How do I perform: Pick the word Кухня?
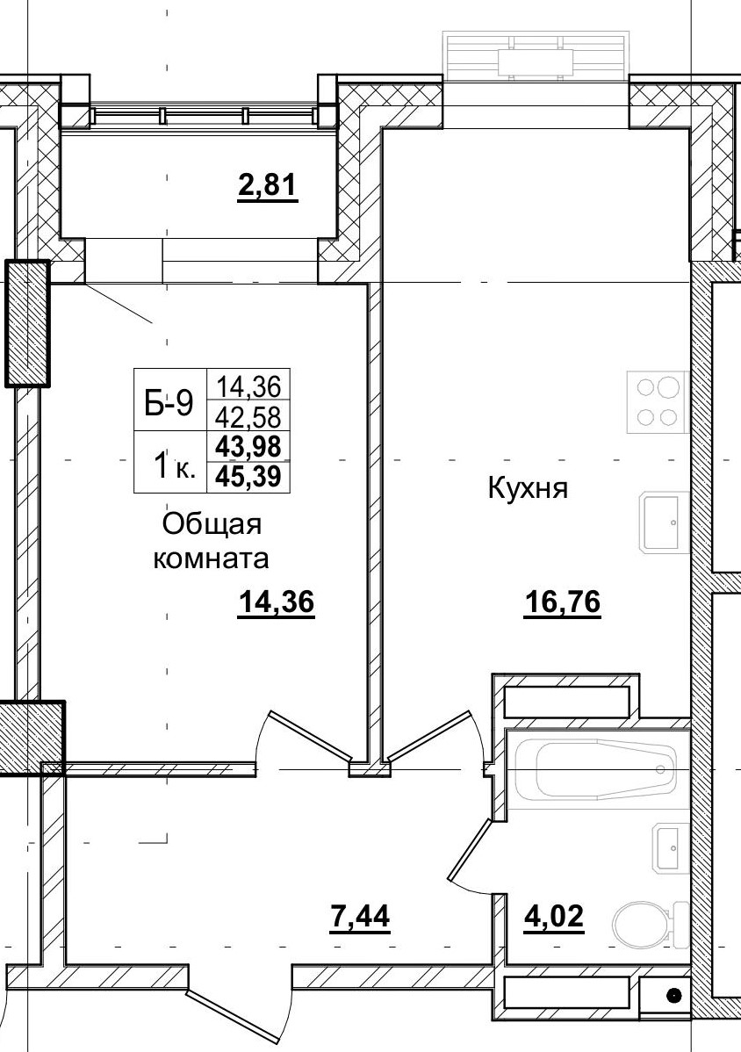pyautogui.click(x=529, y=489)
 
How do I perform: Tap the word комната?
pyautogui.click(x=211, y=558)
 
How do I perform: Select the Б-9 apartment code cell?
pyautogui.click(x=169, y=402)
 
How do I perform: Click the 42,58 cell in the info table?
pyautogui.click(x=248, y=416)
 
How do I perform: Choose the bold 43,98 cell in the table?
pyautogui.click(x=248, y=447)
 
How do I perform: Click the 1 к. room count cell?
pyautogui.click(x=169, y=463)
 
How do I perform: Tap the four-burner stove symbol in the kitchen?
pyautogui.click(x=655, y=402)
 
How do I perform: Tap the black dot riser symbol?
pyautogui.click(x=673, y=995)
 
